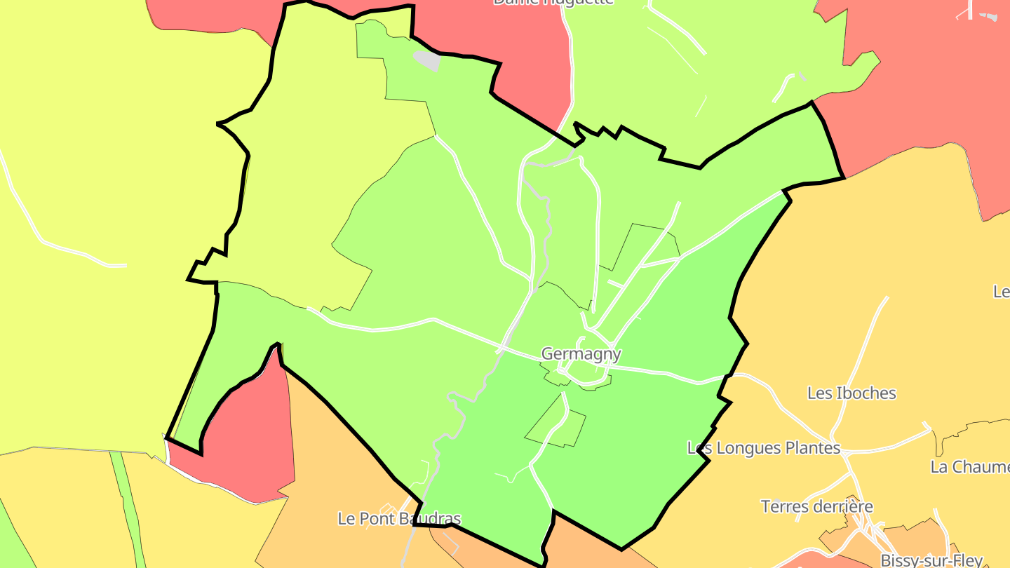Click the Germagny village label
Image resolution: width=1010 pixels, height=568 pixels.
[581, 354]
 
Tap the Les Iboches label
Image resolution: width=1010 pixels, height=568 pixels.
[851, 393]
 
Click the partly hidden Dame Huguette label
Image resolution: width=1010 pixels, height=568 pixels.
[553, 2]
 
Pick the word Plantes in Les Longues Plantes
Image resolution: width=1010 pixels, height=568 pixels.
[813, 447]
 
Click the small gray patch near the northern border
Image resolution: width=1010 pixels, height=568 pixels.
[427, 61]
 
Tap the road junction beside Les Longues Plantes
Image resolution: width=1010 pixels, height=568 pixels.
[847, 456]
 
